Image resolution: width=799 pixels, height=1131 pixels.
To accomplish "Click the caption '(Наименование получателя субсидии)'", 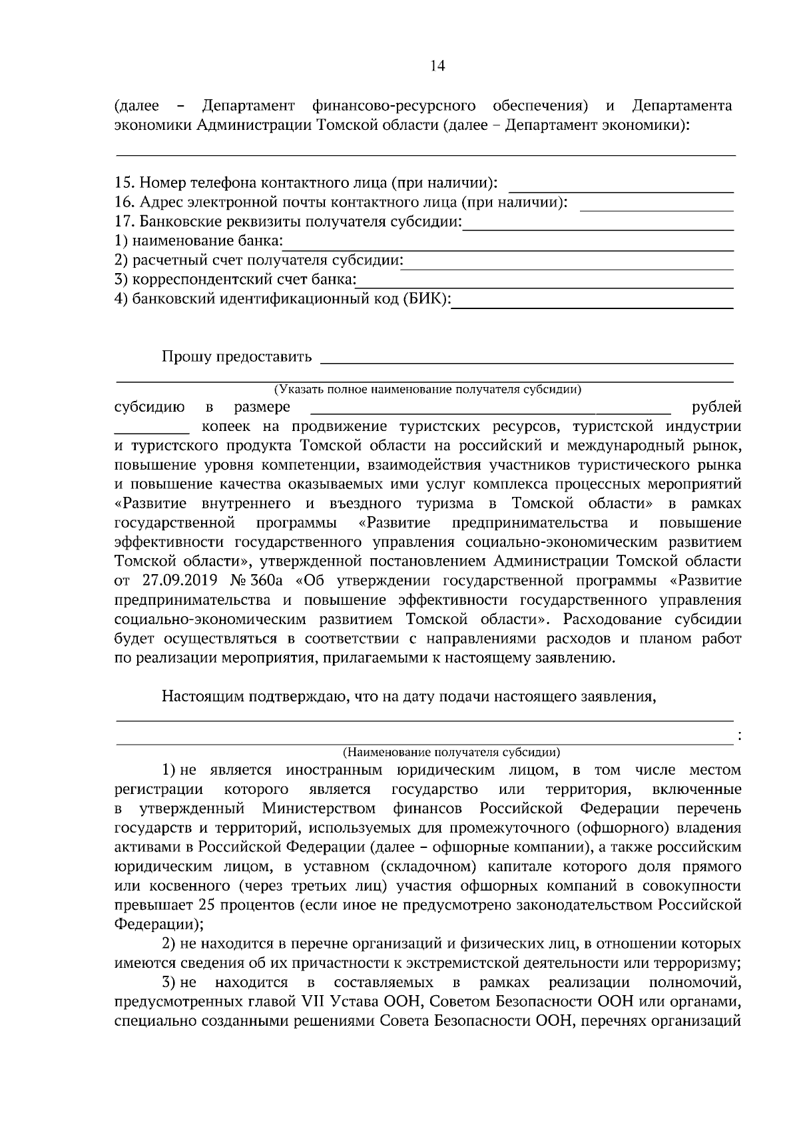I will point(451,753).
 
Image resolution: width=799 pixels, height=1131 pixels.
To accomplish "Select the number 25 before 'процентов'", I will point(206,905).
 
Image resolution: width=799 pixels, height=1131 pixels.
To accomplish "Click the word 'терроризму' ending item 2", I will point(698,963).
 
